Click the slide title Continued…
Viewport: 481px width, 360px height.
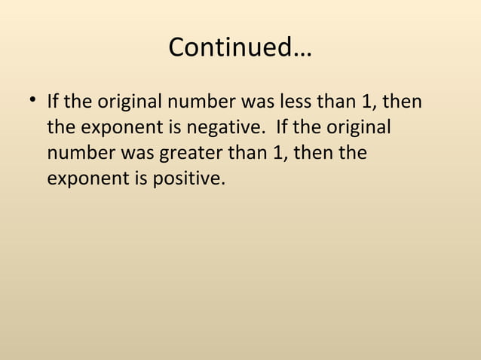pos(240,48)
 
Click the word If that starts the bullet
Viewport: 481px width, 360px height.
pos(54,101)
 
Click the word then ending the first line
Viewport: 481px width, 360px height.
pos(402,101)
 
